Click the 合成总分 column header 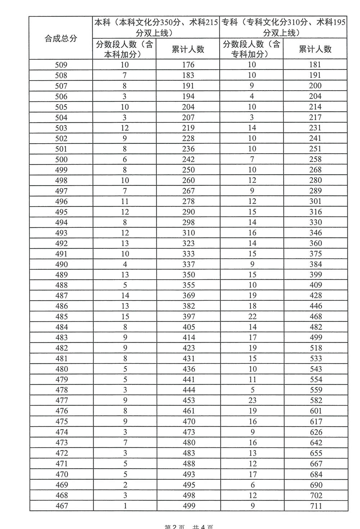click(61, 39)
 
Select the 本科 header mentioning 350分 click(156, 27)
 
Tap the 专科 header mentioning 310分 click(283, 27)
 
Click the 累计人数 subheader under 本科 click(188, 49)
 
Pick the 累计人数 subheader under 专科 click(315, 49)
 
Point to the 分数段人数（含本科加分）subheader click(125, 49)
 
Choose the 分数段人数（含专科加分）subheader click(251, 49)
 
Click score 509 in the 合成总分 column click(61, 65)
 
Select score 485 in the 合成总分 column click(61, 317)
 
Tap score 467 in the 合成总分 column click(62, 506)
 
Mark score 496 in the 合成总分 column click(61, 202)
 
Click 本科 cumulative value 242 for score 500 click(188, 159)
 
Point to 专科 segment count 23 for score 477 click(252, 400)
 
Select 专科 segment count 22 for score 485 click(252, 317)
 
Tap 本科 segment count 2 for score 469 click(125, 485)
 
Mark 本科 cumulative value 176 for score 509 click(188, 65)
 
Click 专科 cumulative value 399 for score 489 click(315, 275)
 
